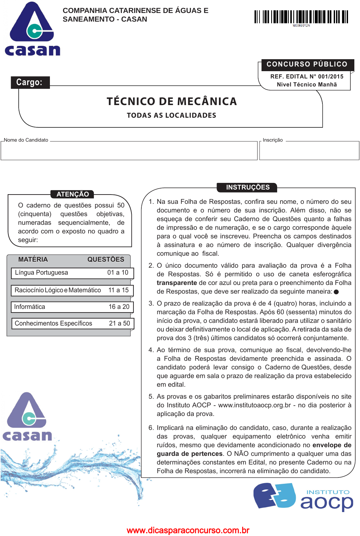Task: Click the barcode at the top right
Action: tap(301, 17)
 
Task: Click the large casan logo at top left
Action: tap(32, 29)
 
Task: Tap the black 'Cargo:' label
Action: tap(30, 82)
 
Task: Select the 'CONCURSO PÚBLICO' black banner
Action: tap(306, 64)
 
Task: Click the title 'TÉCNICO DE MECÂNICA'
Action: tap(172, 101)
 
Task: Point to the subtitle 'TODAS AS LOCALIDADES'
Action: tap(171, 115)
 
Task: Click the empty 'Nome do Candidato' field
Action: tap(129, 151)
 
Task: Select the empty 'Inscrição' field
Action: tap(309, 151)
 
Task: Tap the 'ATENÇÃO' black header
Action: tap(73, 194)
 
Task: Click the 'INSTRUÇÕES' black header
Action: tap(248, 187)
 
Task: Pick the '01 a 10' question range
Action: tap(118, 273)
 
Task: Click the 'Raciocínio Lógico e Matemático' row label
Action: tap(58, 290)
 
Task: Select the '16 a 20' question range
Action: tap(119, 307)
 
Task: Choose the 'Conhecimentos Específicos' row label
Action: tap(54, 323)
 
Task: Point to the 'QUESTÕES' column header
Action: tap(106, 259)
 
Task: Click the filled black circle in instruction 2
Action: tap(336, 292)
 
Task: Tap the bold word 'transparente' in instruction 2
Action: tap(177, 283)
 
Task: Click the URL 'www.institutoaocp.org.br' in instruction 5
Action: tap(255, 405)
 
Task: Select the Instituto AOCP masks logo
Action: tap(274, 495)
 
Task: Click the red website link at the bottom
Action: tap(188, 530)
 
